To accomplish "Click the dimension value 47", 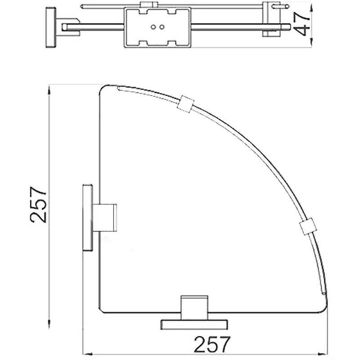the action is point(302,24).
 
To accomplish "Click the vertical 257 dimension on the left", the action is point(38,205).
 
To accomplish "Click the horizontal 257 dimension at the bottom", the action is point(211,344).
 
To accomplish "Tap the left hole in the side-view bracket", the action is point(153,27).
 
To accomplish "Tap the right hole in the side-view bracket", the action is point(162,27).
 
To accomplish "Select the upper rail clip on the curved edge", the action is point(185,104).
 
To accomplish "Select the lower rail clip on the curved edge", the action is point(308,226).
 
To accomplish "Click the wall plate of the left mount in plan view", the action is point(88,217).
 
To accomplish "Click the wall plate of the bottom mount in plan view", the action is point(194,324).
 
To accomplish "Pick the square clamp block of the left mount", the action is point(105,217).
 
